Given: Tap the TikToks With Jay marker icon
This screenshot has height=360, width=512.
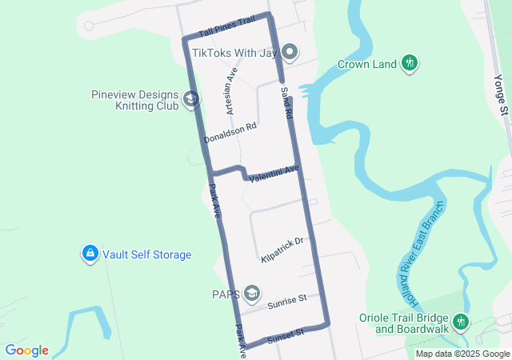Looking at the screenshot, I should pyautogui.click(x=290, y=53).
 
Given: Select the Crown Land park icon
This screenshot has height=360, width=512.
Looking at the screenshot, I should pyautogui.click(x=410, y=63).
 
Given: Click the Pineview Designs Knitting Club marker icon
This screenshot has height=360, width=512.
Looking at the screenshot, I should pyautogui.click(x=191, y=99).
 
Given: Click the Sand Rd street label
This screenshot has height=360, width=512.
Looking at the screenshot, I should pyautogui.click(x=285, y=105).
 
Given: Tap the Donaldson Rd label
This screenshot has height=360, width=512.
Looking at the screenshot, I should pyautogui.click(x=230, y=133).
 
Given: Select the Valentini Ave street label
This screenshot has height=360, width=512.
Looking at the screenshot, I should pyautogui.click(x=274, y=173).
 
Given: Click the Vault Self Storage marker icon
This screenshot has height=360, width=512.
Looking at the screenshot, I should pyautogui.click(x=90, y=254).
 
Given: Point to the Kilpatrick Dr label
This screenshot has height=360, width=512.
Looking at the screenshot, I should pyautogui.click(x=282, y=250).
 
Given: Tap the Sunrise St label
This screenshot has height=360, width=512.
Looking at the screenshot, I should pyautogui.click(x=287, y=301).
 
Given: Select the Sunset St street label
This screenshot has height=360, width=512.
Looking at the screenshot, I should pyautogui.click(x=286, y=333).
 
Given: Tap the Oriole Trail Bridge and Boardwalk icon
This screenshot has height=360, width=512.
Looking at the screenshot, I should pyautogui.click(x=460, y=322).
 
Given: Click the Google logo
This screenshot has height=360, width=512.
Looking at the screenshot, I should pyautogui.click(x=26, y=350).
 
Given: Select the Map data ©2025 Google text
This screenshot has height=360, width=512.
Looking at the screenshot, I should pyautogui.click(x=462, y=354).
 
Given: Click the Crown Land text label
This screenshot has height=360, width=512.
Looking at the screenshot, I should pyautogui.click(x=367, y=64).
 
